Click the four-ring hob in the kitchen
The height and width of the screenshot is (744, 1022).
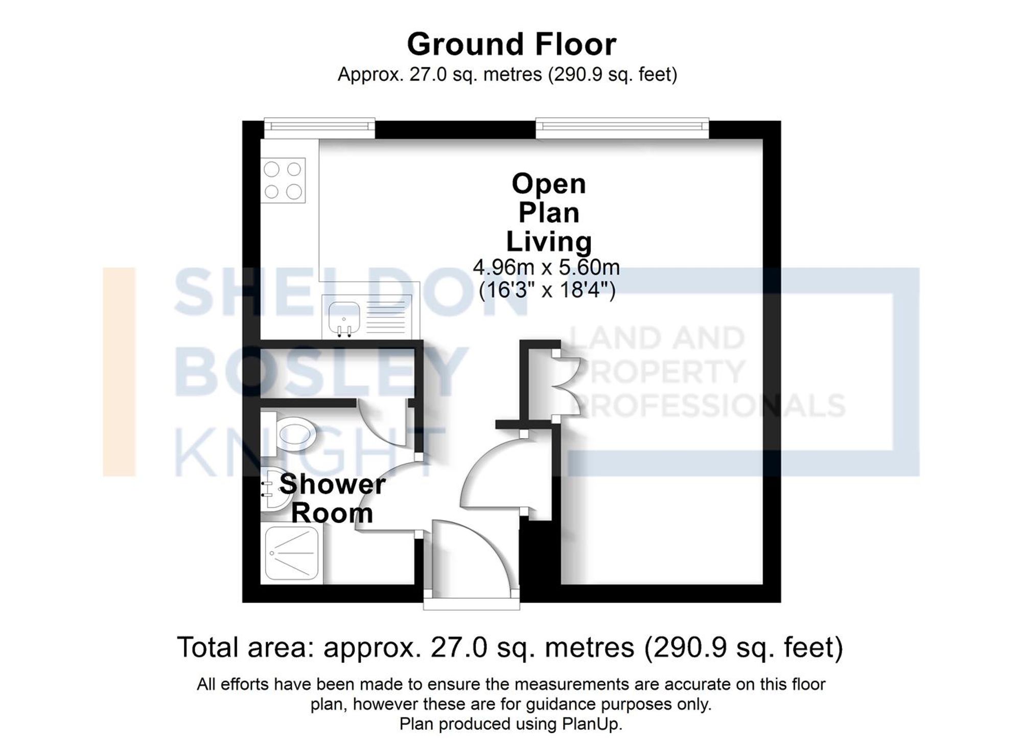[283, 180]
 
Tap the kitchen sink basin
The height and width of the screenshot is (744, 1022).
[344, 317]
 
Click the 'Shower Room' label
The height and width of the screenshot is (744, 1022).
[332, 498]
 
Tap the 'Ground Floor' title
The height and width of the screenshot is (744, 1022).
[512, 44]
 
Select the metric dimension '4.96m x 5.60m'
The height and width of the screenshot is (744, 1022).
[546, 267]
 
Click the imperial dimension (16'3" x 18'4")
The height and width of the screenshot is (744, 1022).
[547, 290]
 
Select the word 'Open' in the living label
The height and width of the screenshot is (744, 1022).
[548, 184]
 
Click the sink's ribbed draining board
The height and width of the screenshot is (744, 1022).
[386, 317]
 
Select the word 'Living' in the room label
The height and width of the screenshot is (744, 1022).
[548, 241]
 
